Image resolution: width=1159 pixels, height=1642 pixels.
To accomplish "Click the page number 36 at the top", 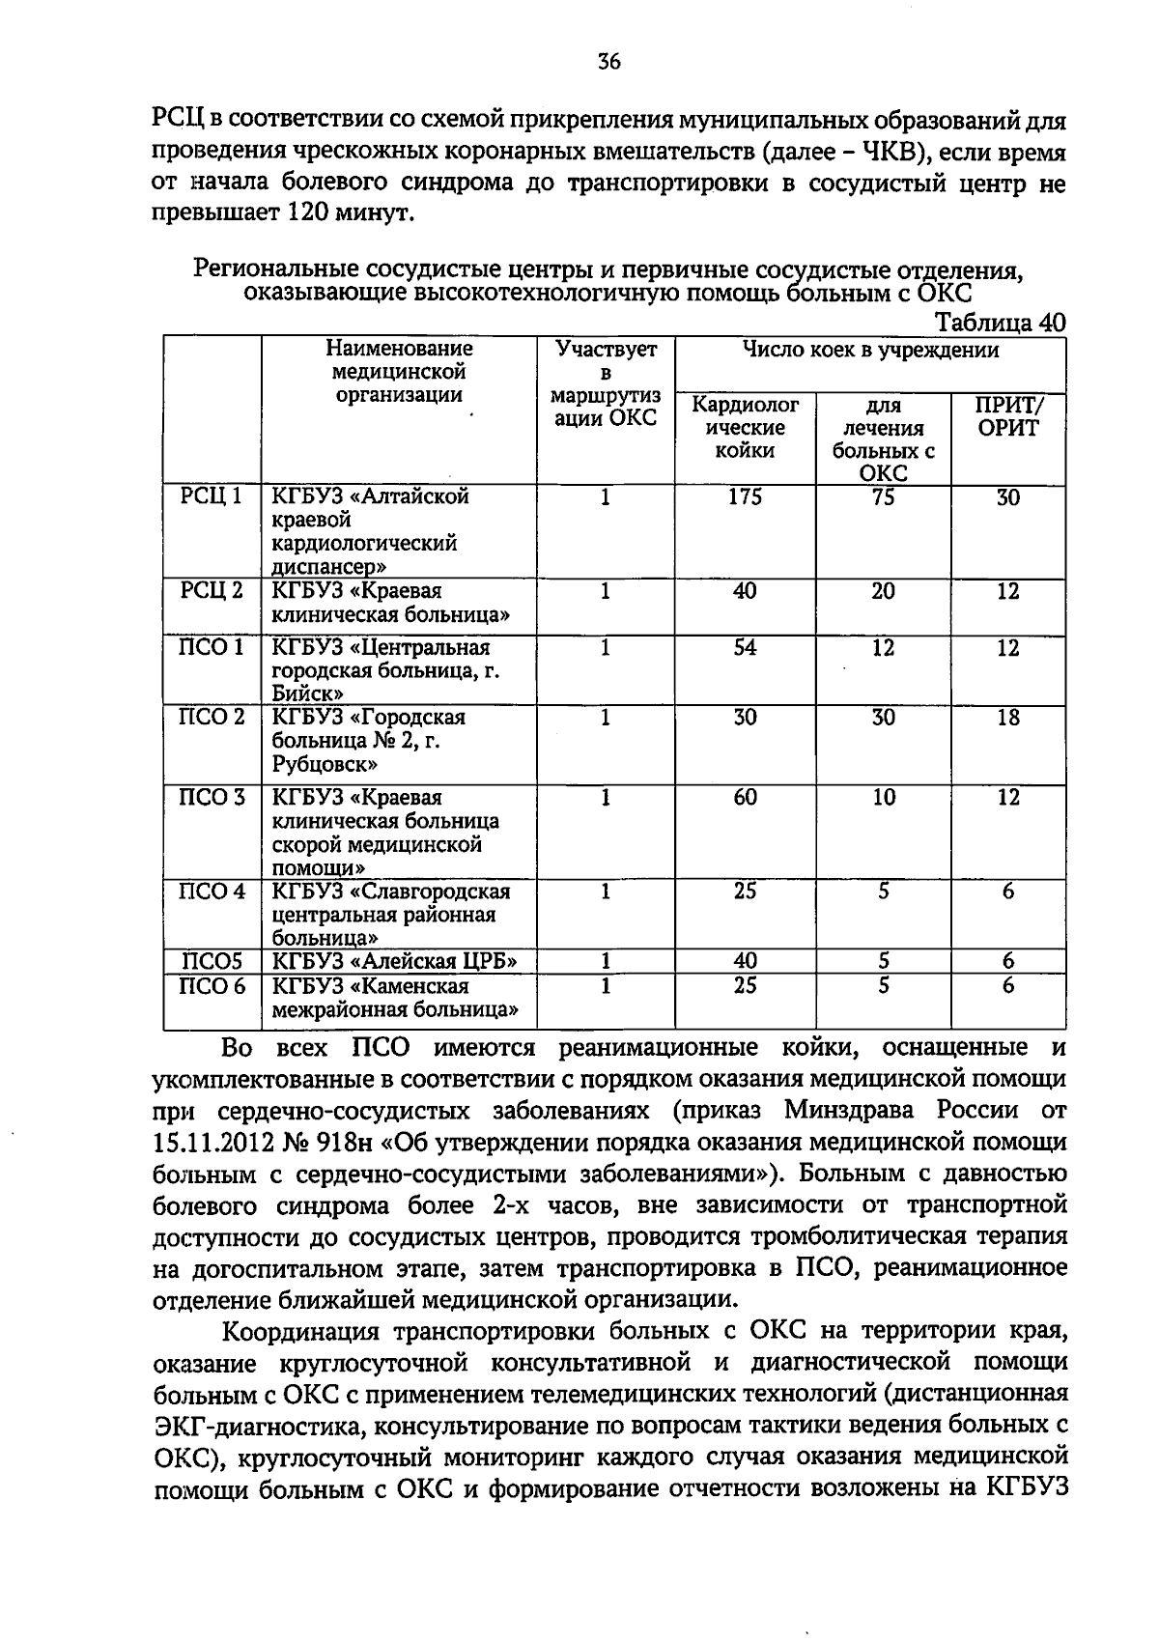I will (x=608, y=63).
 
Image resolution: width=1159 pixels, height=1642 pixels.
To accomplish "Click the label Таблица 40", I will (x=1001, y=324).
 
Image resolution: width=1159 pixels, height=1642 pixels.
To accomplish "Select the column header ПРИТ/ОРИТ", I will (x=1007, y=416).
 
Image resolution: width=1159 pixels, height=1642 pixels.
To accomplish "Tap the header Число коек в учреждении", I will (x=869, y=351).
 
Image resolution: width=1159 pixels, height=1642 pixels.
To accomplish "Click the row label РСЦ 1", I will (x=212, y=497).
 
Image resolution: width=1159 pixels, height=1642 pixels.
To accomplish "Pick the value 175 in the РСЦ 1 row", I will (x=745, y=497).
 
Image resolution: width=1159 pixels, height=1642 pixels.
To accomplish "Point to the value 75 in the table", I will (x=883, y=497).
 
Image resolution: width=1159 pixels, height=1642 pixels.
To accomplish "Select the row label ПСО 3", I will (x=212, y=798).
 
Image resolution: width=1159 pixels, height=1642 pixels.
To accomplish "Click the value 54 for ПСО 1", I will (x=745, y=648).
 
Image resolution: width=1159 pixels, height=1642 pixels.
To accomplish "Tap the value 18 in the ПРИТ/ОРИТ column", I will (x=1007, y=719).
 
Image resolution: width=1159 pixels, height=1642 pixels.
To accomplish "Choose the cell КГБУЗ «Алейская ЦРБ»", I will (x=395, y=961).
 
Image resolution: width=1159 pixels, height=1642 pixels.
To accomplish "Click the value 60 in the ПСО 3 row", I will (x=745, y=798).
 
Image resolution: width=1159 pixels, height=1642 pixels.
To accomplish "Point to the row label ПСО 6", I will (x=212, y=986).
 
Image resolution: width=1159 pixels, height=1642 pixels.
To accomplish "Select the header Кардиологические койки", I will (x=745, y=428).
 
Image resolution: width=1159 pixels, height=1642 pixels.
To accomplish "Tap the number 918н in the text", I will (x=344, y=1143).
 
